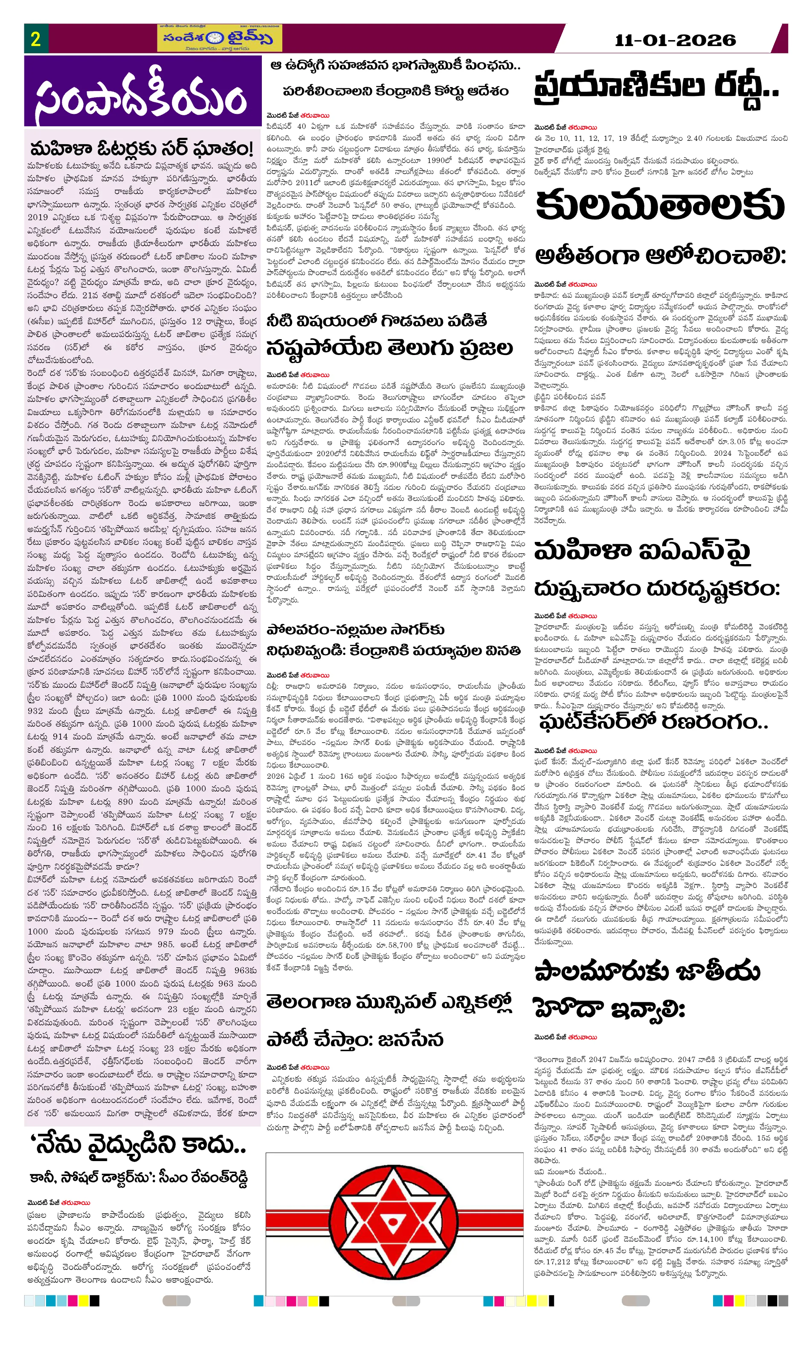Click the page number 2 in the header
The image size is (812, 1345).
click(35, 39)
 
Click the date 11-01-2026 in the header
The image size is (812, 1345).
click(675, 40)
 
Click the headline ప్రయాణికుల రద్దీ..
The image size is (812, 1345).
click(655, 87)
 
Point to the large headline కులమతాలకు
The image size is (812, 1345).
click(659, 206)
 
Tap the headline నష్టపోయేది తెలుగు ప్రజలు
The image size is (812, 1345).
click(389, 348)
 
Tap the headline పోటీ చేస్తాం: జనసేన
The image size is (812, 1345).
click(355, 1040)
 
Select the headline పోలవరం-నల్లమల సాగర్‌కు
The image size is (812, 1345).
click(355, 629)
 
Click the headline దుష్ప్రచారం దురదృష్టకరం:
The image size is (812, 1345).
click(656, 588)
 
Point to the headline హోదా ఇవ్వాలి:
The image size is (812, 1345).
click(609, 1009)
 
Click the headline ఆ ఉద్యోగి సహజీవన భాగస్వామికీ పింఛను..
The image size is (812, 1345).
click(395, 66)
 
